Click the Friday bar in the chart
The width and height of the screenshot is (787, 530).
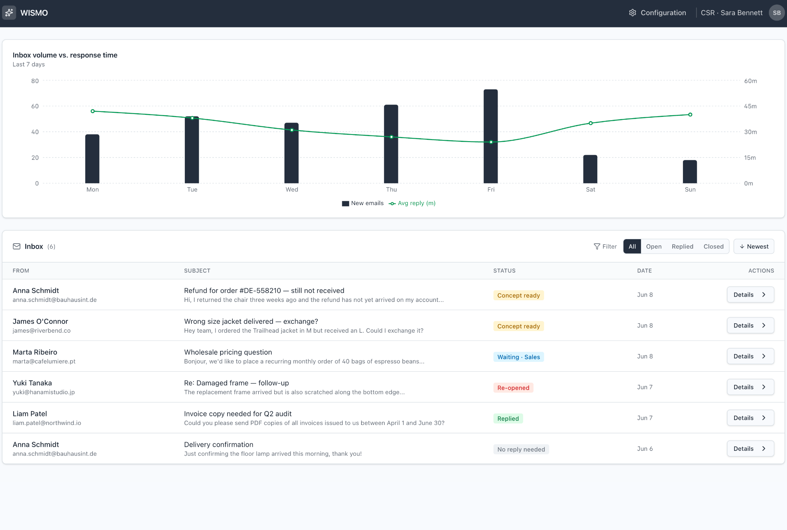[x=491, y=136]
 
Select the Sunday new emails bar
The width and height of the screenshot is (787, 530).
[x=690, y=171]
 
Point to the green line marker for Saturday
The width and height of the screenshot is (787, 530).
[x=591, y=123]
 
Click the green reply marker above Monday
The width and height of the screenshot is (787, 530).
[x=93, y=111]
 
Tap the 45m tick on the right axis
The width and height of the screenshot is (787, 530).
[x=750, y=106]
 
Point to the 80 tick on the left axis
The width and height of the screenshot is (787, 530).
[x=35, y=81]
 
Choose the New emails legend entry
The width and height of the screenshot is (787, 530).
[x=363, y=203]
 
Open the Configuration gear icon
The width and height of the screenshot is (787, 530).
[x=632, y=13]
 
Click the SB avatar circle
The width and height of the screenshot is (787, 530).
[x=776, y=13]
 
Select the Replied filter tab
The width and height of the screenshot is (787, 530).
[x=682, y=247]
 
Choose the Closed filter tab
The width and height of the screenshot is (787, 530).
[x=714, y=247]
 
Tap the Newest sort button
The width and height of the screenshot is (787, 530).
[x=754, y=247]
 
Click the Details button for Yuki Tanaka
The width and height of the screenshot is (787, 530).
[x=750, y=387]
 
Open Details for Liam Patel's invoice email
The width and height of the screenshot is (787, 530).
[x=750, y=418]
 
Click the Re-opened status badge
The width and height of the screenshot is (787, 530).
[x=513, y=388]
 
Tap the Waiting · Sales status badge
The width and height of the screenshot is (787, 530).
[x=519, y=357]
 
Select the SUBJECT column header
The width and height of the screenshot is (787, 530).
[x=197, y=271]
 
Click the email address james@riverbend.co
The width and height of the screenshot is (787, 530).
[x=41, y=331]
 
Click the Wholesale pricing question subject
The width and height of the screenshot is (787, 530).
[x=228, y=352]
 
